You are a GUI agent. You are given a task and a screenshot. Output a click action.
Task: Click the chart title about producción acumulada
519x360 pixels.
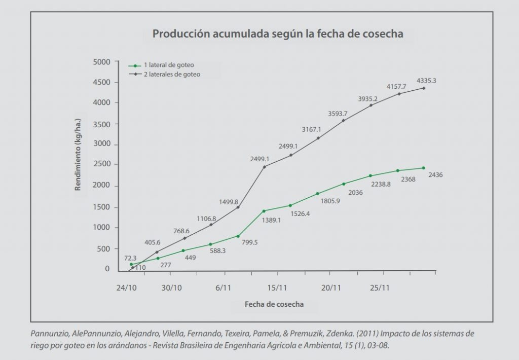click(x=278, y=34)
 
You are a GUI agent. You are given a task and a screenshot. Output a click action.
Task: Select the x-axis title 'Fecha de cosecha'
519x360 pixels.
click(x=274, y=304)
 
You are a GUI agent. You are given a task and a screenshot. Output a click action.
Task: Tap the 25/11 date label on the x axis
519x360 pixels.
click(x=380, y=287)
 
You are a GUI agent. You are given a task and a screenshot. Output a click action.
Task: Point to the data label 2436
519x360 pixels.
click(x=436, y=175)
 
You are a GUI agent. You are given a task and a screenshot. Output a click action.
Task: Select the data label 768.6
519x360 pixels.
click(x=186, y=230)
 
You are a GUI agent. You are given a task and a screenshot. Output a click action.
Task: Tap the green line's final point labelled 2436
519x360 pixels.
click(x=423, y=168)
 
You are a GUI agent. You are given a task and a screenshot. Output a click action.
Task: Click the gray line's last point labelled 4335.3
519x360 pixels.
click(x=424, y=88)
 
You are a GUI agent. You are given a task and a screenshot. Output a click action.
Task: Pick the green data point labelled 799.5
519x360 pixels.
click(x=238, y=236)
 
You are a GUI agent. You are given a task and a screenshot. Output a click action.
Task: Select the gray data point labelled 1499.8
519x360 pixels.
click(x=238, y=207)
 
